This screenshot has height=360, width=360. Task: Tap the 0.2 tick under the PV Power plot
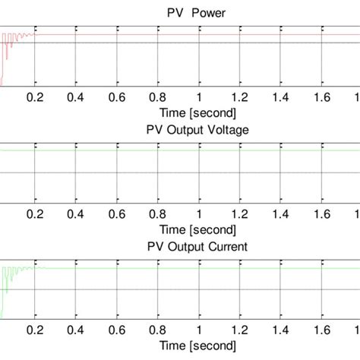[35, 97]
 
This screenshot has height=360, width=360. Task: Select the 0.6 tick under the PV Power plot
[117, 97]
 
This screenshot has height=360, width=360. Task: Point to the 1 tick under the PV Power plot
[199, 97]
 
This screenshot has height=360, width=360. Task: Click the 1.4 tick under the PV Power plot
[281, 97]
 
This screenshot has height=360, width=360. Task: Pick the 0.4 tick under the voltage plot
[76, 215]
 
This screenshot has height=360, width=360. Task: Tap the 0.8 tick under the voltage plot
[158, 215]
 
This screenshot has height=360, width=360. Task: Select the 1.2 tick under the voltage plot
[240, 215]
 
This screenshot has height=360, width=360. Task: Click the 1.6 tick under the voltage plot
[322, 215]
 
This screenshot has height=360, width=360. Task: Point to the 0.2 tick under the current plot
[35, 332]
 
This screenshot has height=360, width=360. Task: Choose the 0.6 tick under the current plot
[117, 332]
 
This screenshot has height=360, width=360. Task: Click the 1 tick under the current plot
[199, 332]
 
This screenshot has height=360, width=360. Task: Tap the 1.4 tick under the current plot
[281, 332]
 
